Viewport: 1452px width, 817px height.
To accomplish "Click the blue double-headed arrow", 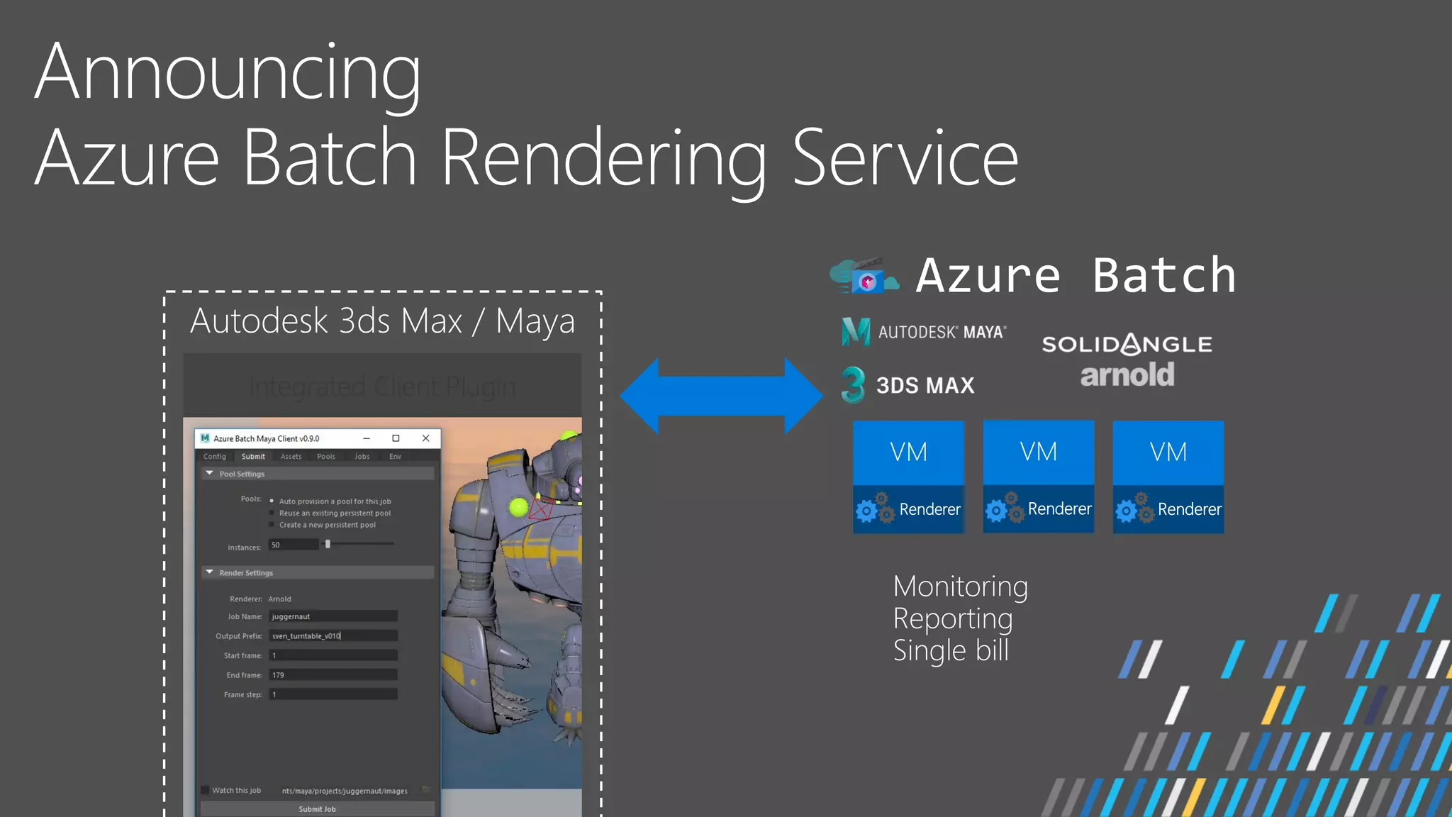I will tap(721, 396).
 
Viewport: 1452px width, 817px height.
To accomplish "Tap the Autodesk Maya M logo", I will tap(855, 331).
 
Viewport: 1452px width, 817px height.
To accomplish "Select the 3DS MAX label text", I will tap(925, 385).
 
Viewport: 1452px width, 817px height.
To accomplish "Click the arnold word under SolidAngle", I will tap(1127, 374).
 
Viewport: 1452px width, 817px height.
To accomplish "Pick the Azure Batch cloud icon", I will tap(864, 277).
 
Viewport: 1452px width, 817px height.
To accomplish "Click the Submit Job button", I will tap(317, 808).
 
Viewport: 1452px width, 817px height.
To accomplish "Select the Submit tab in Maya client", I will tap(253, 457).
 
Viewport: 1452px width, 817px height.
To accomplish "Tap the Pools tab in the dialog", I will tap(326, 457).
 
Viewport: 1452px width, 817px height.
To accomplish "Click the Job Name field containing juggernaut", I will tap(333, 616).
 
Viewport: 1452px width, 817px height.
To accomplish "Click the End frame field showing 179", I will tap(333, 675).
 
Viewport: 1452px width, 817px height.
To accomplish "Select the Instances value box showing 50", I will tap(293, 545).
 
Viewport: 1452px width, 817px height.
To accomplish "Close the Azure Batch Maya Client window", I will tap(425, 438).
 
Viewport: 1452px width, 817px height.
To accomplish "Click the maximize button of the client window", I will tap(396, 438).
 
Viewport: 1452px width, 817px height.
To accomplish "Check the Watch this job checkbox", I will tap(205, 790).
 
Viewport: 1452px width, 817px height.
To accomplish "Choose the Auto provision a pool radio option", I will tap(272, 501).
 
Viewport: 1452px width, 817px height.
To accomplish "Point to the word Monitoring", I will tap(960, 587).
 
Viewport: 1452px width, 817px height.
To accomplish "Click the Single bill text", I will tap(950, 650).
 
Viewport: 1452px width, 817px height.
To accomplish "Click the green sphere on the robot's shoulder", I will tap(518, 506).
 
